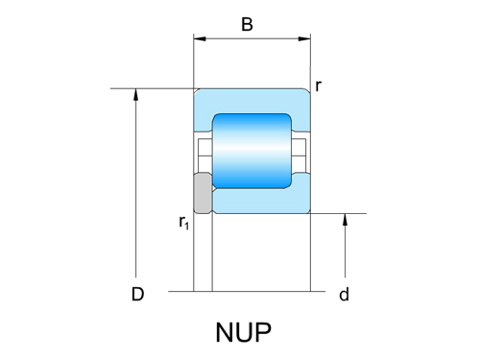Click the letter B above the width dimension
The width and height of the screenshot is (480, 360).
247,24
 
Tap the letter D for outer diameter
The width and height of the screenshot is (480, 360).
137,295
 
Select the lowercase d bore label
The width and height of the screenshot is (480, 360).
344,295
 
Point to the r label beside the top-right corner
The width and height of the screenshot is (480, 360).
318,86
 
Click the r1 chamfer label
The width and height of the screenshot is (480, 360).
183,223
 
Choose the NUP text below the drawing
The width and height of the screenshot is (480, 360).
243,333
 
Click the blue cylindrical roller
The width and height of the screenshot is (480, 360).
252,151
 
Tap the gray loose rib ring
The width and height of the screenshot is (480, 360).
202,193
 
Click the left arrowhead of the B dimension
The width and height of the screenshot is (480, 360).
199,39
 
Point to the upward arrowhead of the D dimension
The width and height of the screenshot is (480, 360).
137,95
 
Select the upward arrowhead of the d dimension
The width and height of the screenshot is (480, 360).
344,220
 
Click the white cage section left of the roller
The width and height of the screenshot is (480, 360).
203,151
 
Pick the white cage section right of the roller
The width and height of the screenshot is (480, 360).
300,151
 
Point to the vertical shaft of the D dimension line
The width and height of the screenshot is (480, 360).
137,192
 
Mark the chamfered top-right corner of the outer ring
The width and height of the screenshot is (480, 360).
308,91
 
